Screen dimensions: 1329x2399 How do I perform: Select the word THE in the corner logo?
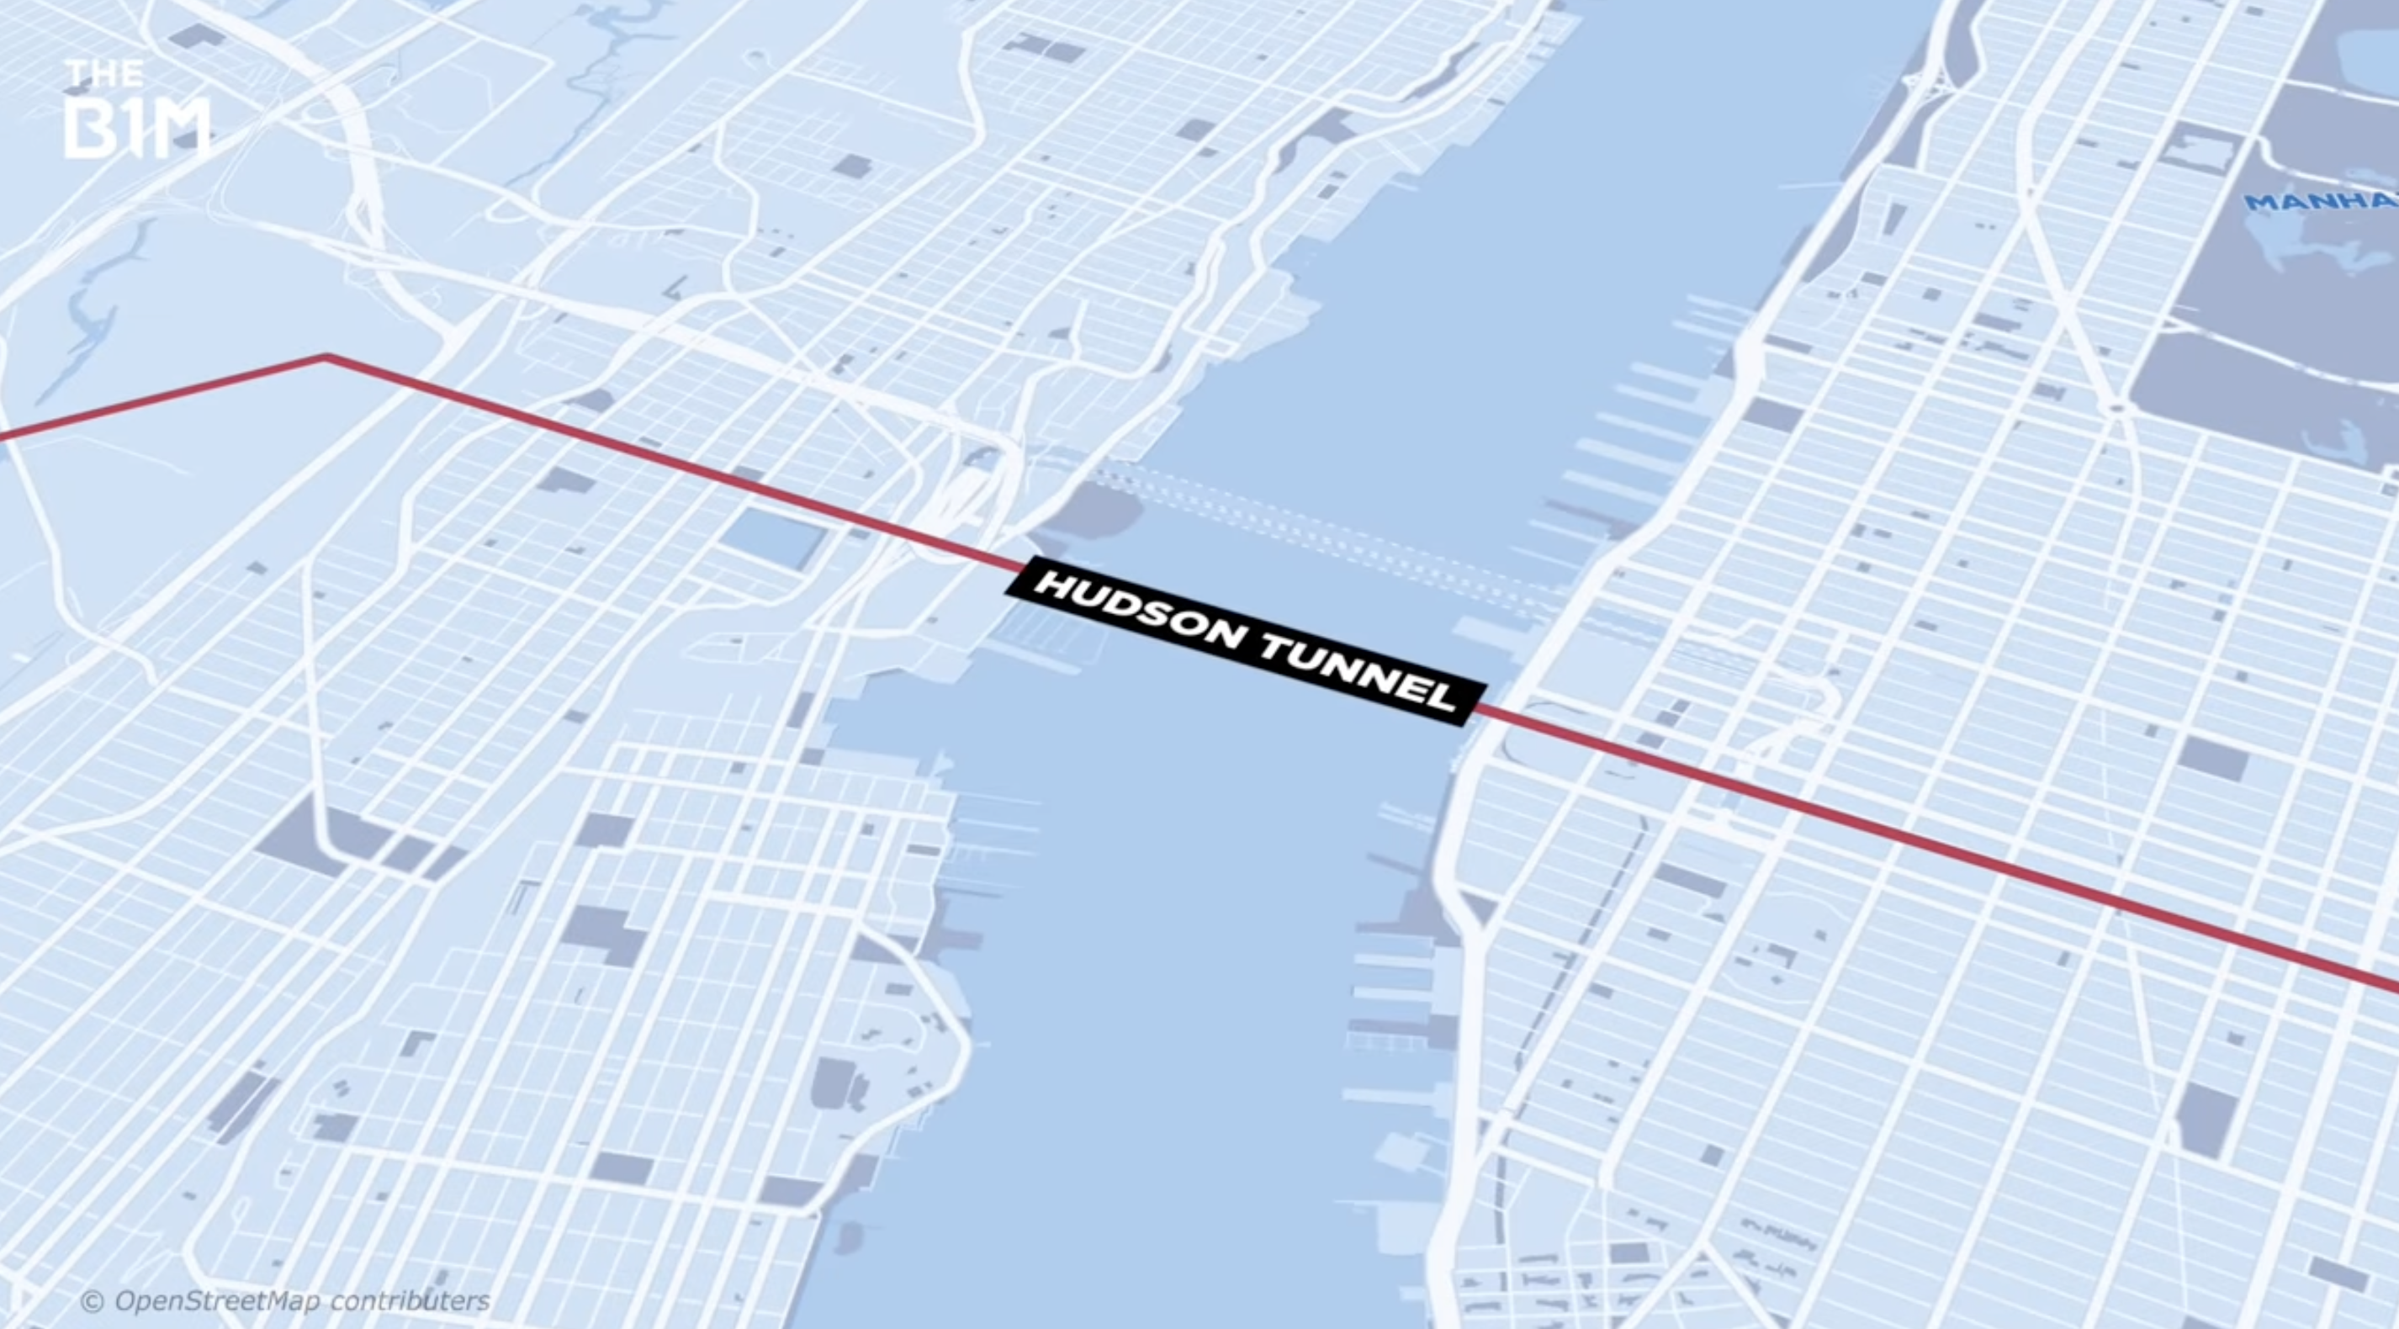tap(103, 73)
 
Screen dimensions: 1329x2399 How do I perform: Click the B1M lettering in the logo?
tap(136, 129)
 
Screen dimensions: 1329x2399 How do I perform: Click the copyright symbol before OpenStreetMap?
tap(93, 1300)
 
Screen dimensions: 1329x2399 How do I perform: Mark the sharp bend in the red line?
tap(326, 356)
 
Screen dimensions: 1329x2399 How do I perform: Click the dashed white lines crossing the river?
tap(1322, 531)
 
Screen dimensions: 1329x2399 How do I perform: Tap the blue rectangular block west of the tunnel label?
tap(771, 538)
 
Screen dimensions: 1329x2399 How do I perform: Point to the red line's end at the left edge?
tap(3, 435)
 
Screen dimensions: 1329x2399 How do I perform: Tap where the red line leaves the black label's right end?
tap(1479, 709)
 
